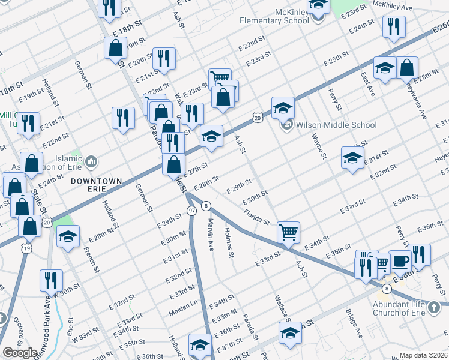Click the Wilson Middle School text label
tap(336, 125)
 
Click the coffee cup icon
tap(400, 260)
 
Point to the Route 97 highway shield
tap(191, 211)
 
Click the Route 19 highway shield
tap(26, 247)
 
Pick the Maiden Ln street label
tap(187, 307)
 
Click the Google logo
tap(20, 353)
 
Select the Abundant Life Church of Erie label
tap(406, 308)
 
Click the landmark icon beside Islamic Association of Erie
tap(91, 160)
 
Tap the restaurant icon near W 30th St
tap(51, 280)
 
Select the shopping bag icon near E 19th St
tap(115, 49)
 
